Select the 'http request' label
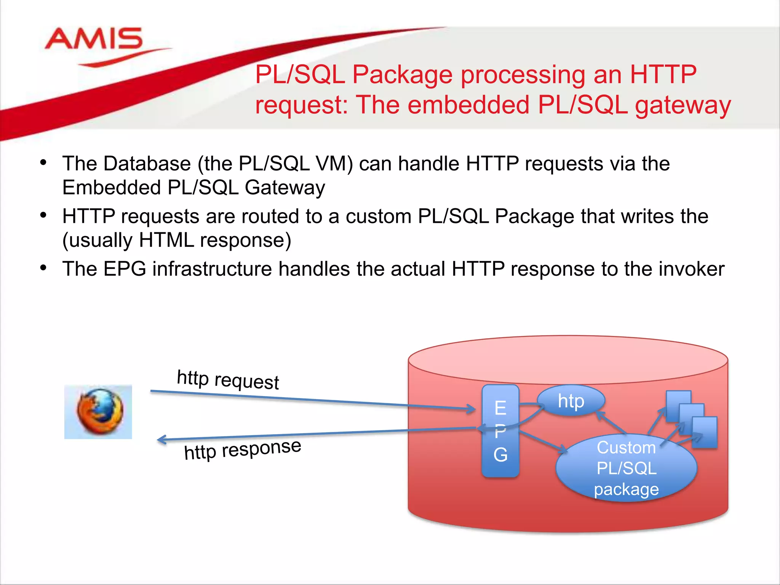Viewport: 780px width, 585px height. coord(228,379)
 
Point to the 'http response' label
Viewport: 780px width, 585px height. coord(243,449)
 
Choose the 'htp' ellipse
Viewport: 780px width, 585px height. coord(571,401)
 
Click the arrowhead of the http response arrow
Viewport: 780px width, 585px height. coord(161,440)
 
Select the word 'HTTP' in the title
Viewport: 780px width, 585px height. coord(663,74)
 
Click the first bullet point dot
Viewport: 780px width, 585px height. coord(43,163)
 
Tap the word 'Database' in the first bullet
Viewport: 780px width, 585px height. coord(147,164)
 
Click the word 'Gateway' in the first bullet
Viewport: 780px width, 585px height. coord(285,187)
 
